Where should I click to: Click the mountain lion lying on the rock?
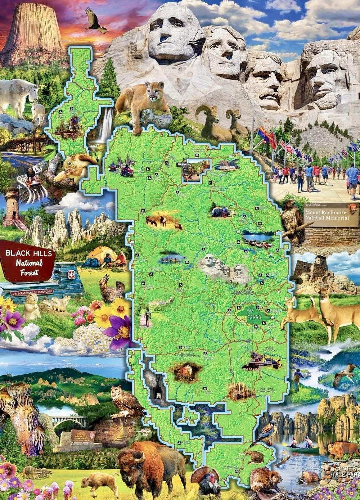click(142, 101)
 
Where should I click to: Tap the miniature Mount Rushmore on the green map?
click(225, 268)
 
